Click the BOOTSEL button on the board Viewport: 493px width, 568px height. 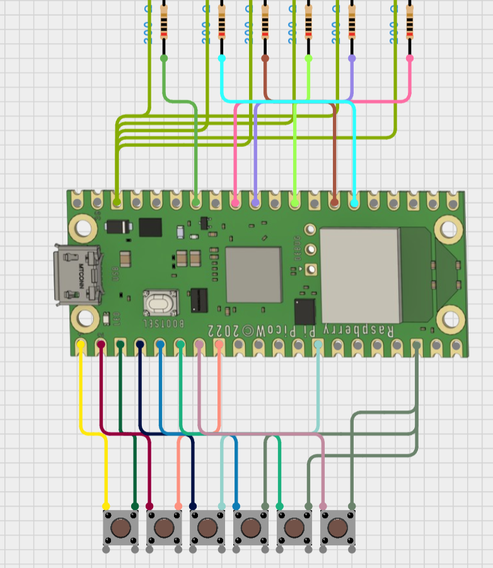point(161,303)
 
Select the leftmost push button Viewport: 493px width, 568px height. point(120,527)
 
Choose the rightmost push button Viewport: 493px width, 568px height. point(337,527)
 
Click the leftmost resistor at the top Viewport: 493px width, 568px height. point(164,23)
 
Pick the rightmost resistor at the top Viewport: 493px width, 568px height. point(410,23)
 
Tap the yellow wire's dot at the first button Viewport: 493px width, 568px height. point(105,506)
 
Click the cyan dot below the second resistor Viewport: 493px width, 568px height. point(221,58)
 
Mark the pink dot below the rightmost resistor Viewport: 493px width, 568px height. point(410,58)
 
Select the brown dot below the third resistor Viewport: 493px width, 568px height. point(265,58)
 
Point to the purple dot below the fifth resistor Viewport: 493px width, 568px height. point(352,58)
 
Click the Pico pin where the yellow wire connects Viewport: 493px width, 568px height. point(81,345)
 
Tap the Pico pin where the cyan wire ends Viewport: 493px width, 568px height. point(354,203)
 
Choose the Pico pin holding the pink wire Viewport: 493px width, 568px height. point(235,203)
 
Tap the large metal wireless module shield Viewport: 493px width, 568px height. point(360,275)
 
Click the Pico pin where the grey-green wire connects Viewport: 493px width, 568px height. point(417,345)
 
